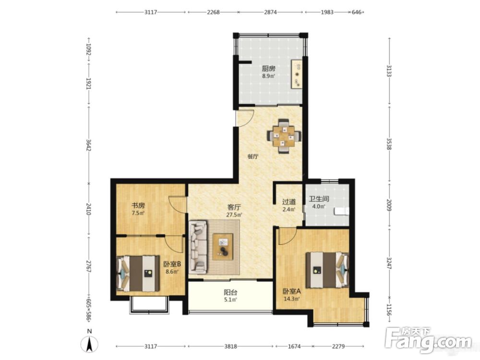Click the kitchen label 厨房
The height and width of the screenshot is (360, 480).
click(x=268, y=69)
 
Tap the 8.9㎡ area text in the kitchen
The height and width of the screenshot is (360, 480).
click(x=268, y=76)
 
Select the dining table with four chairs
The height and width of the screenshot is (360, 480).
click(x=284, y=136)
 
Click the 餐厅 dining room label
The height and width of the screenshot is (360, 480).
click(x=253, y=157)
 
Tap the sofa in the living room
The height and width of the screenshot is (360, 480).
click(x=198, y=247)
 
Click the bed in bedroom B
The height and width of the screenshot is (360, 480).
click(x=138, y=274)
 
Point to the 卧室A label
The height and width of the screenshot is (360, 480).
click(x=291, y=291)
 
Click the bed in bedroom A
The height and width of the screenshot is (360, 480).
click(x=327, y=270)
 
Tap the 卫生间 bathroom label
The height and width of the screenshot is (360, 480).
click(x=319, y=199)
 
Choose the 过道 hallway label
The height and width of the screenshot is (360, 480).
click(x=289, y=202)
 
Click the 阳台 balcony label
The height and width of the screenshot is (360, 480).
click(x=230, y=293)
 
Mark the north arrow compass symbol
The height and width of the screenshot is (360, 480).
click(x=89, y=342)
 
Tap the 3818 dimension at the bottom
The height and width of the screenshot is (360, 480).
click(x=230, y=346)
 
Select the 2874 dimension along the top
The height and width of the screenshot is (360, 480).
click(x=270, y=12)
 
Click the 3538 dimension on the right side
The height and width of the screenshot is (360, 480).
click(x=389, y=144)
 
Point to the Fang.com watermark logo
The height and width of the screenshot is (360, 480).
click(x=429, y=340)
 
